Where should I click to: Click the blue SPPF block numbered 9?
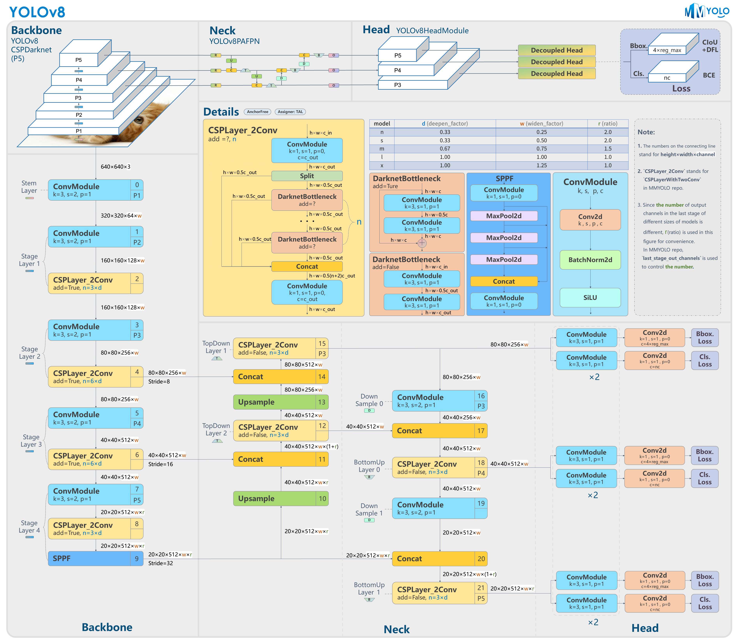89,558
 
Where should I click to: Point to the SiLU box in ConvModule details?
590,298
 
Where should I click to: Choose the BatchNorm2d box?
590,260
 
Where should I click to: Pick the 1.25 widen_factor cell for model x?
541,165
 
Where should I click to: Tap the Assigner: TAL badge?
290,112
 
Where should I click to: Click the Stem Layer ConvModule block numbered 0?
89,190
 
